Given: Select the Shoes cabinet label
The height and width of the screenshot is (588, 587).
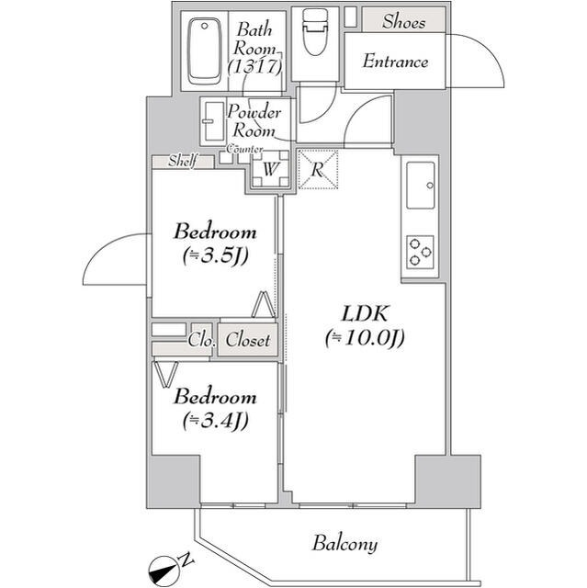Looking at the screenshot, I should [403, 20].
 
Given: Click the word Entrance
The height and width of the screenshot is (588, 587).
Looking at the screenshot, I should [395, 62].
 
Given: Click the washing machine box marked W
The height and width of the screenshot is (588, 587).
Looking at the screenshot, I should [270, 169].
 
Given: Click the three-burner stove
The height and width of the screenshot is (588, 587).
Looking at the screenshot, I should [421, 252].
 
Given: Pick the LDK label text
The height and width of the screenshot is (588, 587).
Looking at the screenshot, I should [364, 313].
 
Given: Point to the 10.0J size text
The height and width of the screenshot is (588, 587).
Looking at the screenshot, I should [365, 339].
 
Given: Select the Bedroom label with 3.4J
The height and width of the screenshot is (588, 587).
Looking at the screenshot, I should [214, 398].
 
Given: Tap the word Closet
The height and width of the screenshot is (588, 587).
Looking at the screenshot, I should [248, 341].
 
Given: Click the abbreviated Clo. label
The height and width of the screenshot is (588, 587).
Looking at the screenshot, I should [201, 341].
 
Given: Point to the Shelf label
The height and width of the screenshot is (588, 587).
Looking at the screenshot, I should [181, 162].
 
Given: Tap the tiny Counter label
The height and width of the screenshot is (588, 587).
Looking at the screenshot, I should [245, 149].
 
